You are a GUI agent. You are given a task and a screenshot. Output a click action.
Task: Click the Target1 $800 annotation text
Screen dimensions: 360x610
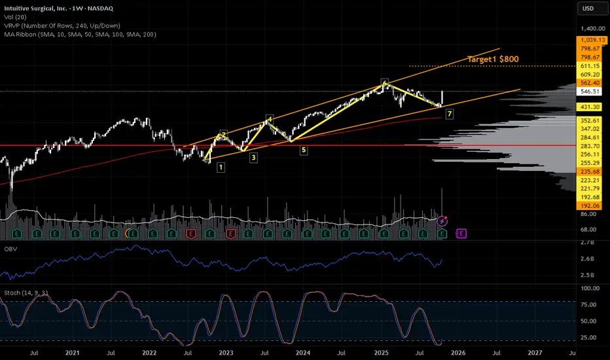[493, 59]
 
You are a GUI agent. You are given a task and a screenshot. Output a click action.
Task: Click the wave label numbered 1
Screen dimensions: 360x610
[221, 167]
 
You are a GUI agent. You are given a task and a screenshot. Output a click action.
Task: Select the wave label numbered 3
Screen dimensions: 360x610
[253, 158]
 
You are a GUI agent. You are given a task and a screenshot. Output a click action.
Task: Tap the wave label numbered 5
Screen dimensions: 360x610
[304, 150]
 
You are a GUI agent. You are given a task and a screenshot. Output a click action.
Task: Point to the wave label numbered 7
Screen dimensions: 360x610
[450, 114]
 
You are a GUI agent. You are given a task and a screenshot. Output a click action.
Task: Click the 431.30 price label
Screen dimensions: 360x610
[591, 107]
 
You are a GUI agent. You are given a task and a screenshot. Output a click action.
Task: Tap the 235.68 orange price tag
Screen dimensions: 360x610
[591, 171]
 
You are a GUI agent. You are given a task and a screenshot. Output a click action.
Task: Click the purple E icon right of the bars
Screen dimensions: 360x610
[461, 233]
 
